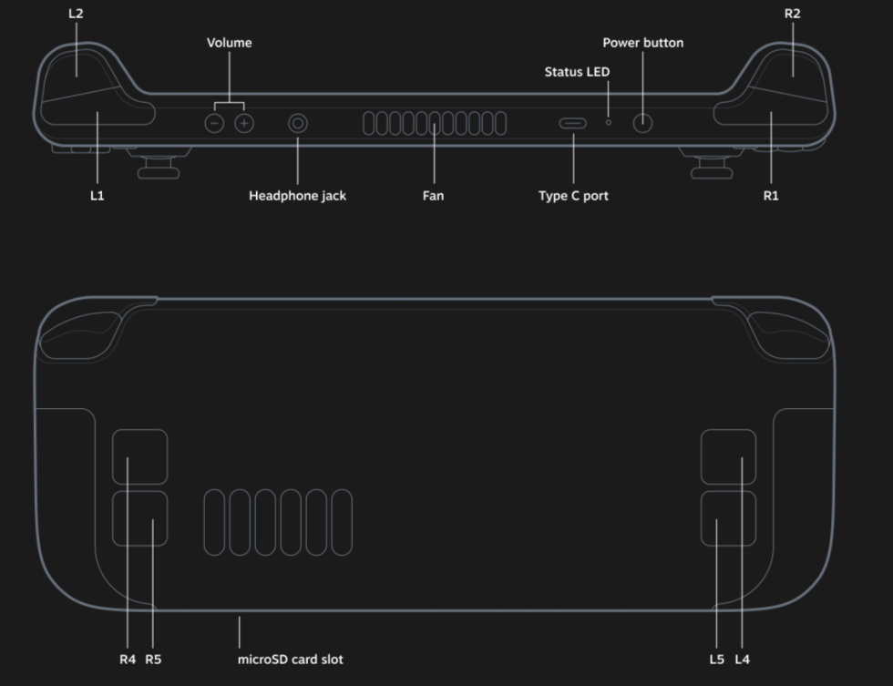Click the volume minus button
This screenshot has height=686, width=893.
click(x=214, y=123)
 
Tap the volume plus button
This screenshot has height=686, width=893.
click(x=243, y=123)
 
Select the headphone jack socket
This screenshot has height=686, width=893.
click(x=297, y=123)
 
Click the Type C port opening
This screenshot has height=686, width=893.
click(x=573, y=123)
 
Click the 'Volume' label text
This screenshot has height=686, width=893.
click(x=229, y=43)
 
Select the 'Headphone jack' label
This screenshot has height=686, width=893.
click(x=297, y=196)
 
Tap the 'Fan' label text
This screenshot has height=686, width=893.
click(x=433, y=196)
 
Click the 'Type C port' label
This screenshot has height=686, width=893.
click(x=573, y=196)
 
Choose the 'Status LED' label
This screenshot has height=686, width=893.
click(x=577, y=72)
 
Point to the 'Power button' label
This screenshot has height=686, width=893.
click(x=642, y=43)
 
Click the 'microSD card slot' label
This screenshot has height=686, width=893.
click(x=290, y=659)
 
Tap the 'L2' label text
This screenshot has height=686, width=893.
click(x=76, y=14)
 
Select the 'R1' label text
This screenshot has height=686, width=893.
click(x=771, y=196)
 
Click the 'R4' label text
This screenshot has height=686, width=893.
click(x=128, y=659)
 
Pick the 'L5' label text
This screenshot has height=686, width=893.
click(x=716, y=659)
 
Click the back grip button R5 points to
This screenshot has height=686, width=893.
click(x=139, y=518)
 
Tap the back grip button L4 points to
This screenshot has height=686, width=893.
click(x=728, y=456)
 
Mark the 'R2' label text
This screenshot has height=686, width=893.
click(x=792, y=14)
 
